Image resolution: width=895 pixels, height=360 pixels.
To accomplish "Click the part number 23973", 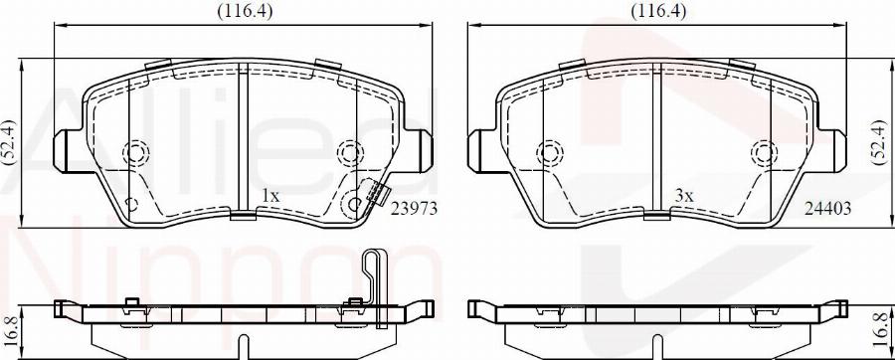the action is (x=414, y=210).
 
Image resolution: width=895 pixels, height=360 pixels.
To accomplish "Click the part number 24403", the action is (x=827, y=210).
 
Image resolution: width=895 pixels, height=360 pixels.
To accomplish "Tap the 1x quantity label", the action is (x=270, y=196).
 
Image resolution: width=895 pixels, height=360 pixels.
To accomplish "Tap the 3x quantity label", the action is (x=684, y=196).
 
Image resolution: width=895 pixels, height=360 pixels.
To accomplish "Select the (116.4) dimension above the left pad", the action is (x=245, y=10).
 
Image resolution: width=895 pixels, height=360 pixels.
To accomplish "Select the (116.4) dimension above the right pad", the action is (x=658, y=10).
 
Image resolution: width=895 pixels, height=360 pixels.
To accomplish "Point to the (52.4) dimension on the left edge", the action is (x=8, y=142).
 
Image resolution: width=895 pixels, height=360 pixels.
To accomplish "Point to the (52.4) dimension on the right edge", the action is (x=880, y=142).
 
